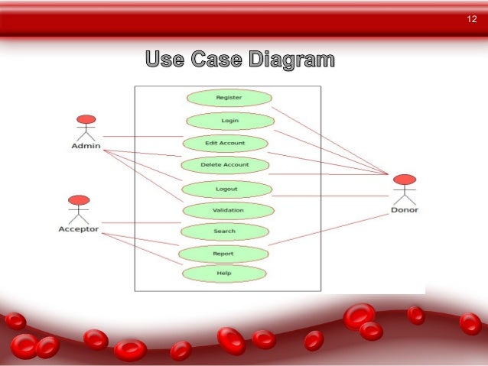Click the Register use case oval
(x=229, y=98)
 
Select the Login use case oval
(x=229, y=121)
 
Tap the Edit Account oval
(x=225, y=143)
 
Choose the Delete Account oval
(x=224, y=164)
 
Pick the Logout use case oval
(x=226, y=189)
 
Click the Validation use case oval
(x=228, y=210)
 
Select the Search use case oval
(x=225, y=231)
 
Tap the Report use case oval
(x=223, y=253)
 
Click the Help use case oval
(x=223, y=273)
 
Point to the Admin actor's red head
(x=86, y=119)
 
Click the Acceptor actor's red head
(x=79, y=200)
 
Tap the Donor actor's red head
(x=405, y=180)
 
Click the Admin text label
(x=86, y=146)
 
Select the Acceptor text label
(x=79, y=228)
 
